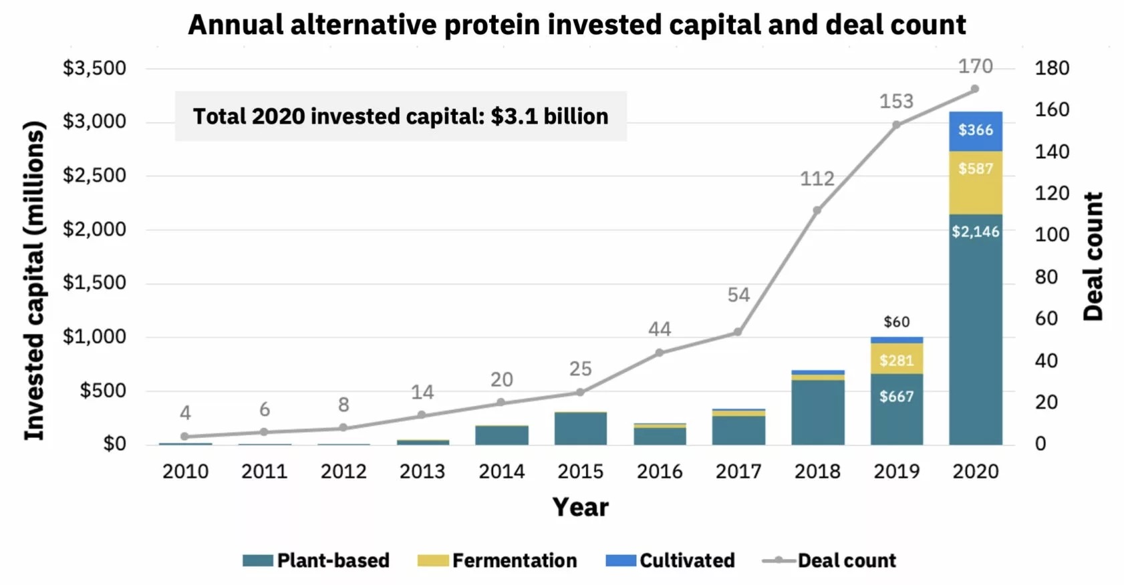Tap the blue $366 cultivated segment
coord(975,131)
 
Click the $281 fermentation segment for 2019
coord(896,359)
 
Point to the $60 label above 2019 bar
coord(896,322)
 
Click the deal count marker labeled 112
coord(817,210)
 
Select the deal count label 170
coord(975,66)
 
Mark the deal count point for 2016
coord(659,352)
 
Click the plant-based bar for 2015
coord(580,429)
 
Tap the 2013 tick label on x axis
coord(422,471)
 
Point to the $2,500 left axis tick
coord(94,176)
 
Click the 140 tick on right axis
coord(1051,152)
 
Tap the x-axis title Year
coord(580,508)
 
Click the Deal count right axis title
coord(1093,256)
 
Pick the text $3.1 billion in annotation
coord(549,116)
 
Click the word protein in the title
coord(494,25)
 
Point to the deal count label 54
coord(738,295)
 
